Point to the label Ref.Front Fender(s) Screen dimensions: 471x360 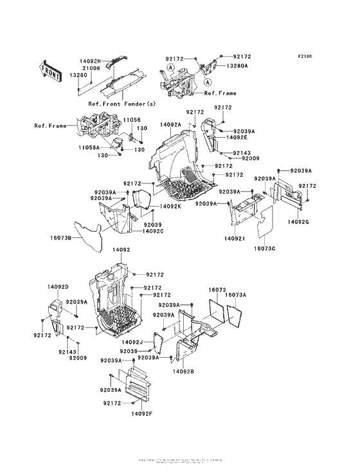(x=123, y=103)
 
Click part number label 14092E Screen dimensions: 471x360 (x=237, y=137)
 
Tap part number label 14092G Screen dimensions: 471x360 (x=299, y=222)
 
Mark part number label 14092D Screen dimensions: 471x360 (x=57, y=286)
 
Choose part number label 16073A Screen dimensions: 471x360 (x=236, y=294)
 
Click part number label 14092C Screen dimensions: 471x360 (x=153, y=231)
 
